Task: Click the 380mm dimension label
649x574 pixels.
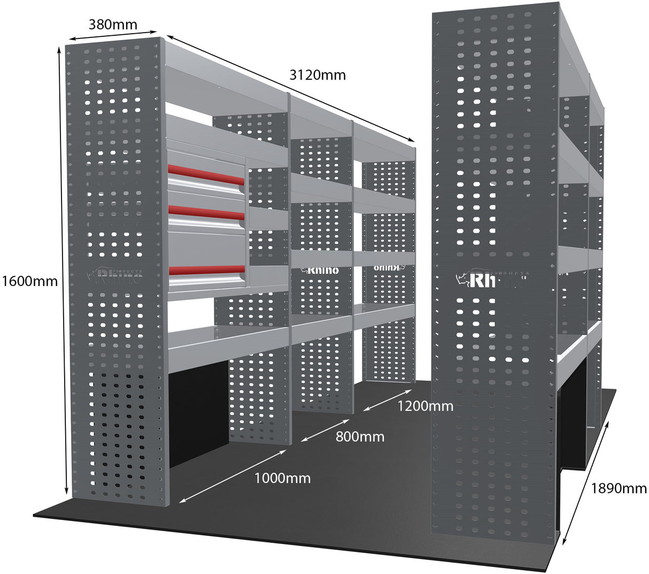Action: point(113,25)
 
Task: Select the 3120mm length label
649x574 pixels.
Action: point(318,75)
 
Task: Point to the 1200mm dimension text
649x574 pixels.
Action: point(425,406)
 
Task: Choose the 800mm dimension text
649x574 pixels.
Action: point(360,437)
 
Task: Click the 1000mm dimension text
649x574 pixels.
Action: point(282,478)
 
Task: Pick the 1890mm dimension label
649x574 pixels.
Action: point(619,488)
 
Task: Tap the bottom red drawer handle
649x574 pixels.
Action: point(206,270)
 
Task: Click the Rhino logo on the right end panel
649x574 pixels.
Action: point(492,279)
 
